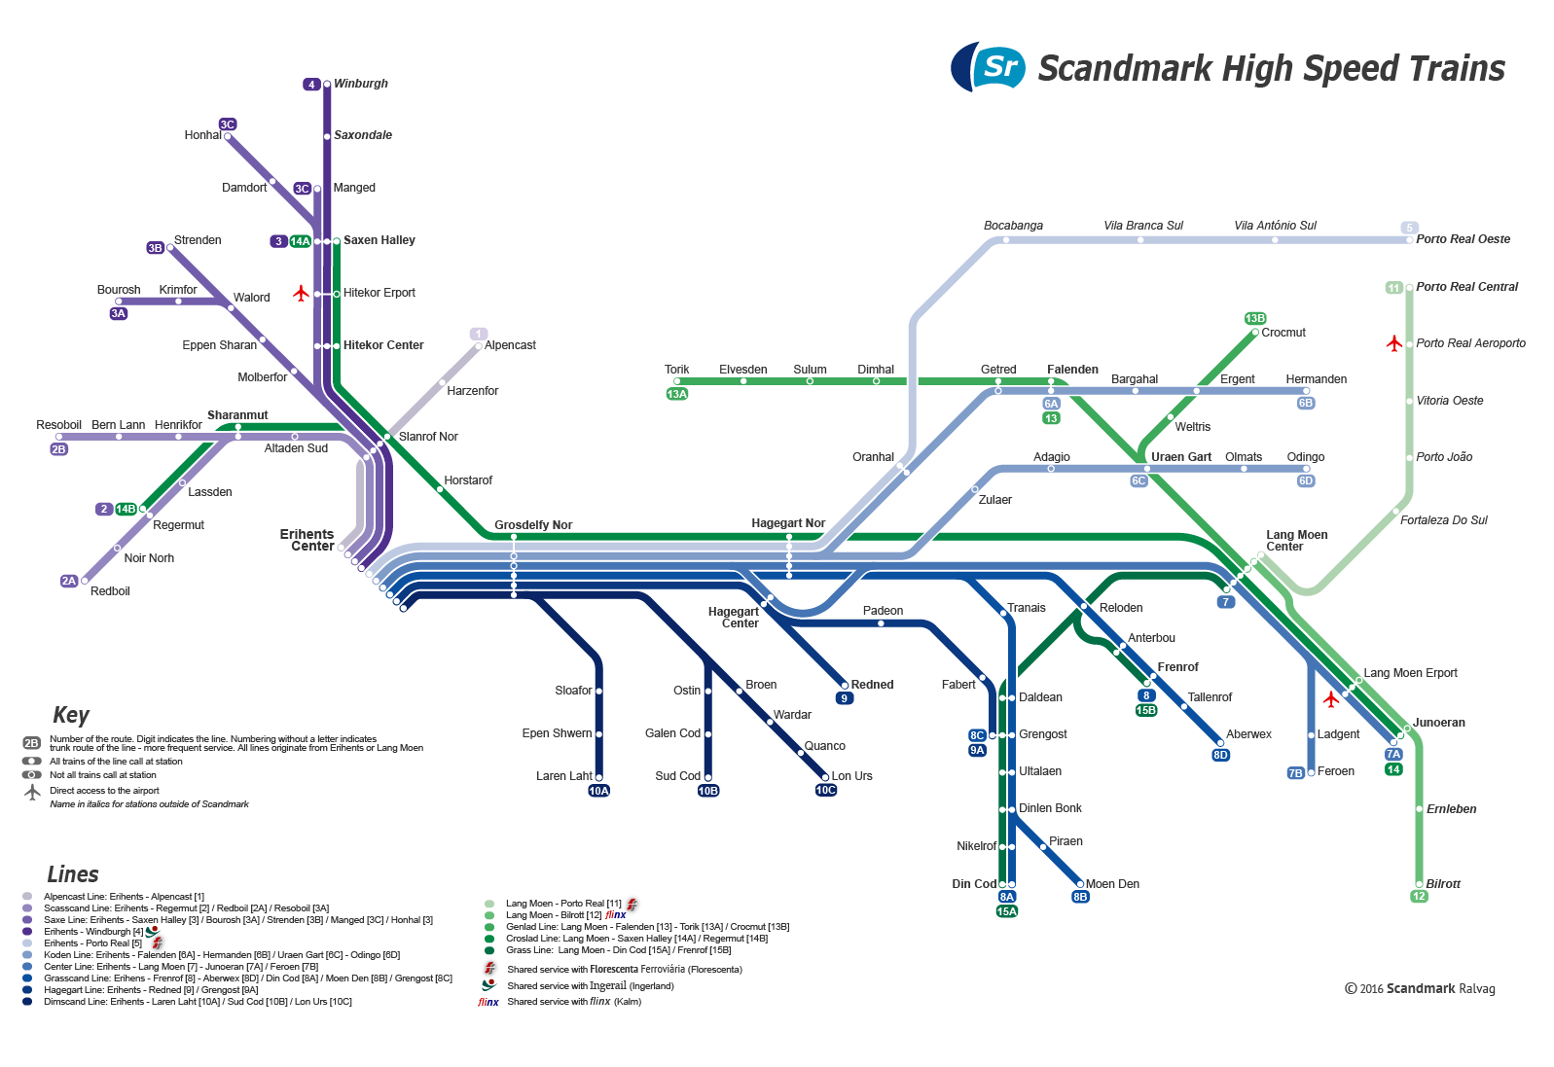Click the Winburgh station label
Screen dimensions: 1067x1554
click(360, 84)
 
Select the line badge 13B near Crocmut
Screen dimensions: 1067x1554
click(1254, 318)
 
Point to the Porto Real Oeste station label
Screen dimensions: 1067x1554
click(1463, 239)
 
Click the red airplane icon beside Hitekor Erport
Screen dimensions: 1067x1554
click(301, 293)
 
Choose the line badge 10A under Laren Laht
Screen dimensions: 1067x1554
click(598, 791)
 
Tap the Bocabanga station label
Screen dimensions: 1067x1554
click(1013, 226)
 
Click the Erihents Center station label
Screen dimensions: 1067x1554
click(307, 541)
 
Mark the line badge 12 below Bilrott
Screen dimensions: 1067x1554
click(1419, 896)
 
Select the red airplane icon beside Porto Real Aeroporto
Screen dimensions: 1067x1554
click(1393, 343)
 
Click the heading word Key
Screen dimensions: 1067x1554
click(71, 715)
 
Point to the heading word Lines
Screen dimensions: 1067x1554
click(73, 874)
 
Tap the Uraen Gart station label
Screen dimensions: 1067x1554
click(1180, 457)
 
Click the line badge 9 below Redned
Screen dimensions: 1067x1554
click(845, 698)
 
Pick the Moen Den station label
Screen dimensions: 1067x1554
click(1112, 884)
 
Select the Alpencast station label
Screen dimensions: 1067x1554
click(510, 345)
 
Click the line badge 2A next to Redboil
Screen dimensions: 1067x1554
click(68, 581)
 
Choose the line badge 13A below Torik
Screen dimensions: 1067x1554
click(676, 394)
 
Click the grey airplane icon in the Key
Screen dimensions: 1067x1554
click(32, 792)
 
